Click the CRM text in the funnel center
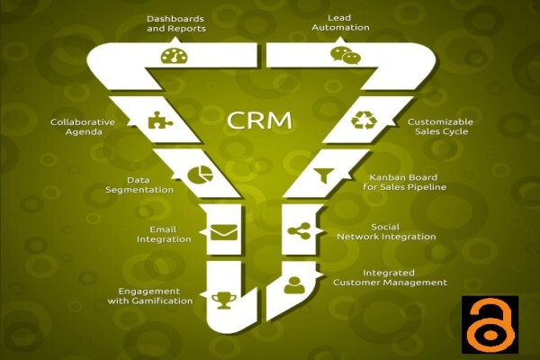(x=259, y=121)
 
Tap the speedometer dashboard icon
(x=174, y=56)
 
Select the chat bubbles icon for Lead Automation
(x=345, y=55)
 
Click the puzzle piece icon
(x=160, y=121)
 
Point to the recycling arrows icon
(x=364, y=121)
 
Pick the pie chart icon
(x=200, y=175)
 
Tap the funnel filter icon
(x=324, y=175)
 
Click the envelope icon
(x=224, y=232)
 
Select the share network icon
(x=300, y=230)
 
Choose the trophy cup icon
(x=224, y=301)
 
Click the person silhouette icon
(x=294, y=285)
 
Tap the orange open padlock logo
(x=490, y=324)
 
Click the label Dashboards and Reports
(x=176, y=23)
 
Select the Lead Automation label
(x=340, y=22)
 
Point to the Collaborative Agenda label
(x=83, y=127)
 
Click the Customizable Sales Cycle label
(x=440, y=126)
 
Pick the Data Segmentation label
(x=139, y=184)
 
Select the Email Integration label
(x=164, y=234)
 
